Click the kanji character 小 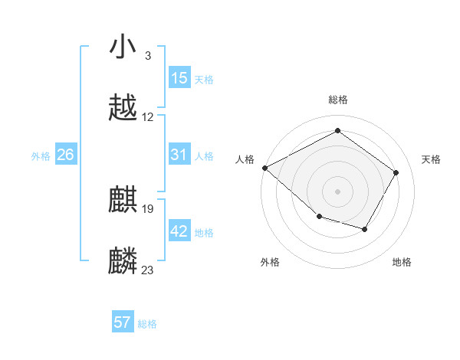tap(123, 47)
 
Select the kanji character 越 tap(123, 109)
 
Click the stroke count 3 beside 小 tap(147, 56)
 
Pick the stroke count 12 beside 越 tap(148, 117)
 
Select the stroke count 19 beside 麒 tap(148, 208)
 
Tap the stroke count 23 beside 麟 tap(148, 270)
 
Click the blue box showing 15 tap(179, 78)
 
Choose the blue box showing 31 tap(179, 155)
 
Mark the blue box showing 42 tap(179, 231)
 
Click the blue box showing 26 tap(65, 155)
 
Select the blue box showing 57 tap(123, 322)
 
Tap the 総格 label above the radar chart tap(338, 100)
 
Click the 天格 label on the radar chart tap(431, 159)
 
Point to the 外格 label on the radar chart tap(270, 263)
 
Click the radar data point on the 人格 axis tap(264, 168)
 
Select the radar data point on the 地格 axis tap(365, 229)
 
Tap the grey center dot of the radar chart tap(337, 191)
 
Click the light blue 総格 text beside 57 tap(147, 324)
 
